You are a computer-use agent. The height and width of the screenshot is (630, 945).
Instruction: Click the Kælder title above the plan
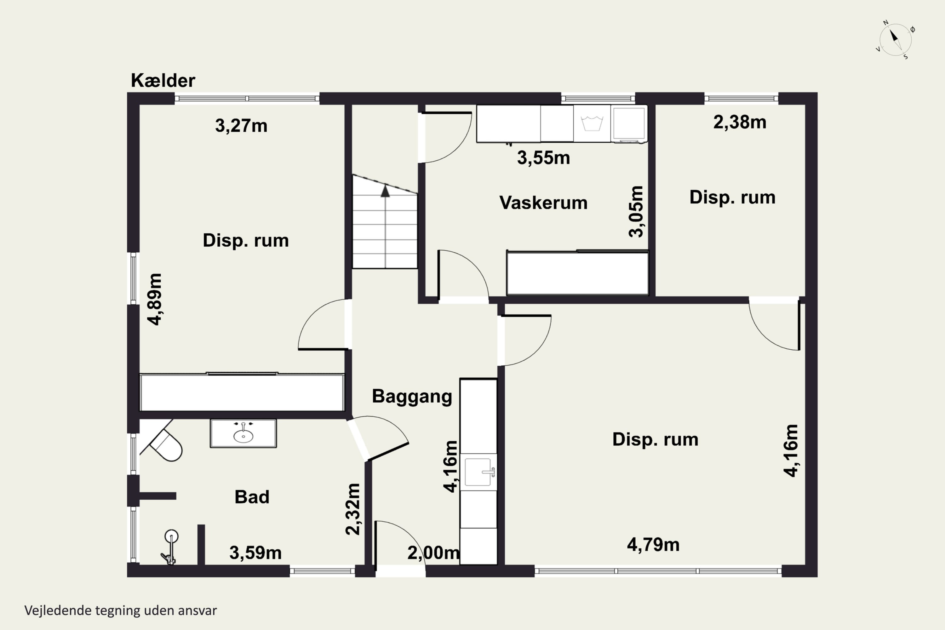coord(163,80)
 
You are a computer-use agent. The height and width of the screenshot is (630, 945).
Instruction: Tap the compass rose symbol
coord(896,40)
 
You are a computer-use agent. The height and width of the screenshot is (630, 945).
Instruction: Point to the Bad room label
coord(252,497)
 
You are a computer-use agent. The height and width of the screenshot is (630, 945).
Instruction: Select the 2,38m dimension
coord(740,122)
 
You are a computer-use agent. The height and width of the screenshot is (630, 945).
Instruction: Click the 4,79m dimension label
coord(653,545)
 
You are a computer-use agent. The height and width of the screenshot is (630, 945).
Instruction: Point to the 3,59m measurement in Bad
coord(255,553)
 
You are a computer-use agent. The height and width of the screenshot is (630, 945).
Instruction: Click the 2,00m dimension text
coord(433,553)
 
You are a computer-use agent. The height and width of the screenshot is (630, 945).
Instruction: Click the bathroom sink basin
coord(243,436)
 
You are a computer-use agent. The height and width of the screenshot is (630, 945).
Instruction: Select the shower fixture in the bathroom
coord(171,547)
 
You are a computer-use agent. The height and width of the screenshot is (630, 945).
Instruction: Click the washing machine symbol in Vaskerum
coord(592,123)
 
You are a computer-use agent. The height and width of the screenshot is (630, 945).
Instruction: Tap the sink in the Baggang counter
coord(478,472)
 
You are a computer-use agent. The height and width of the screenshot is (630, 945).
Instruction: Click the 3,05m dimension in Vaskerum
coord(636,212)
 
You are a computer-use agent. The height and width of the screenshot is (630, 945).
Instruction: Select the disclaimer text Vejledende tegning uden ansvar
coord(121,611)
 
